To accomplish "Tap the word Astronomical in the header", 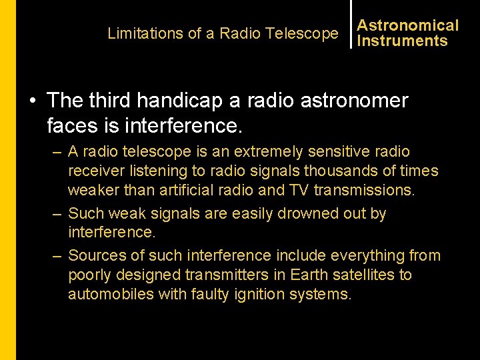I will point(408,25).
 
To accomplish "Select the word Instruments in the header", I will point(402,41).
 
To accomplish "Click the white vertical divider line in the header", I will point(351,24).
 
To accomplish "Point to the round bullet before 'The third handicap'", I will point(33,101).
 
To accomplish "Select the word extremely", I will point(267,152).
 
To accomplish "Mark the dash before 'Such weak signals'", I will point(57,214).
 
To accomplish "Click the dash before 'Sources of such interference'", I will point(57,256).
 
